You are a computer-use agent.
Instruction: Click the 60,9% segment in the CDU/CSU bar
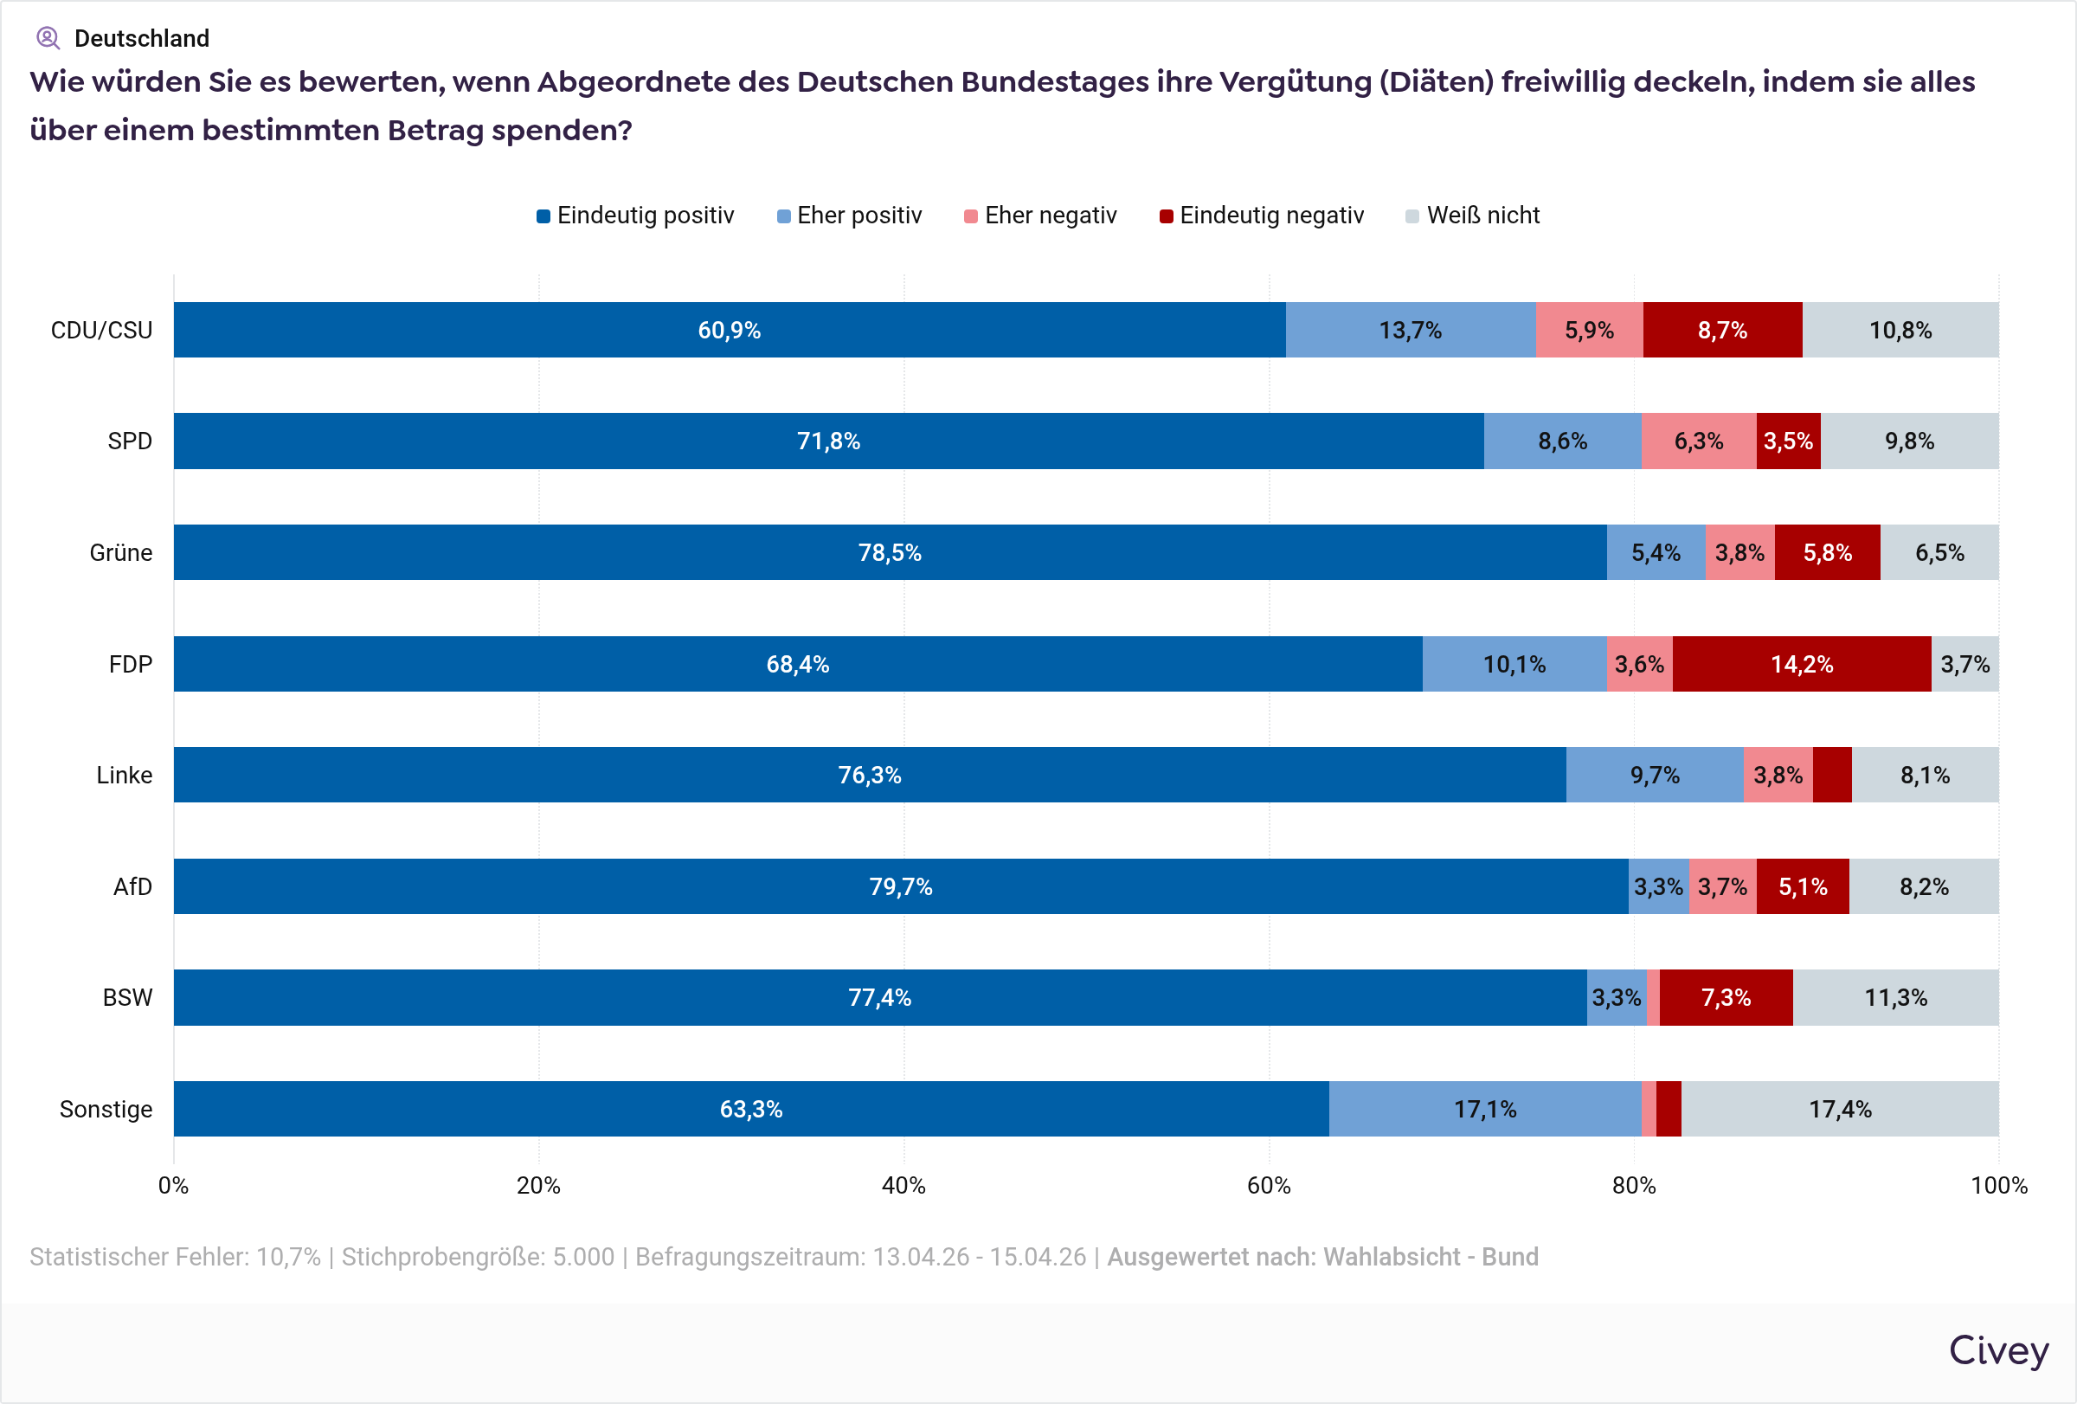click(x=730, y=330)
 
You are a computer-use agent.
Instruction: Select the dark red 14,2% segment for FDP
click(x=1801, y=664)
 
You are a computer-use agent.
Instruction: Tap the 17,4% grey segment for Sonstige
click(x=1839, y=1109)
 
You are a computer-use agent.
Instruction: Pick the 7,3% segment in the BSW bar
click(x=1725, y=997)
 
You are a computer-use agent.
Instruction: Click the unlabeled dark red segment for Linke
click(x=1832, y=775)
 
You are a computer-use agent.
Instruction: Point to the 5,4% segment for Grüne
click(x=1656, y=552)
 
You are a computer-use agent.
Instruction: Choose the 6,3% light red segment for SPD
click(x=1698, y=441)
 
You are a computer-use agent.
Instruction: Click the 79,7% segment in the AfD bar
click(x=900, y=886)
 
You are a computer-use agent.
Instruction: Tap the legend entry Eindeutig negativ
click(x=1261, y=216)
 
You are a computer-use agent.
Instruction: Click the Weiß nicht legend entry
click(x=1473, y=216)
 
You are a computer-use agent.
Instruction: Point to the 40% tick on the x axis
click(x=903, y=1185)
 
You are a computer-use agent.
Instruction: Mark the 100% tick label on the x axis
click(x=1998, y=1185)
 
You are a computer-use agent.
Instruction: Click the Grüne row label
click(x=120, y=552)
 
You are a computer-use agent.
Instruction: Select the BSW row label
click(x=127, y=997)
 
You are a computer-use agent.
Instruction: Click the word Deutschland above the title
click(x=141, y=38)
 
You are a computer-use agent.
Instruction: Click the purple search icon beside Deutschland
click(x=48, y=37)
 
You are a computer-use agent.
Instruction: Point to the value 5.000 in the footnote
click(x=582, y=1257)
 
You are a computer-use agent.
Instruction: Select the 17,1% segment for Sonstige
click(x=1484, y=1109)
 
